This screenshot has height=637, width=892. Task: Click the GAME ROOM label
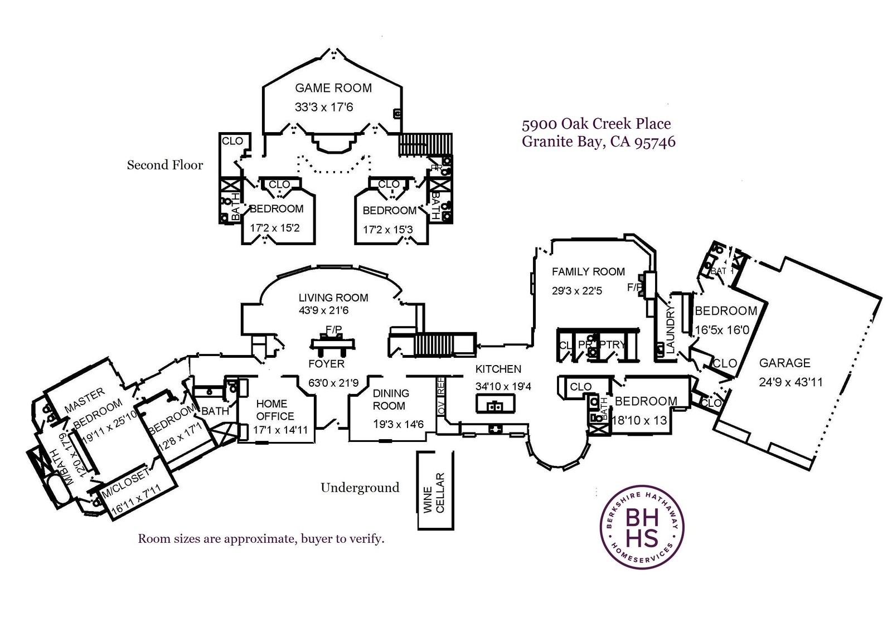(x=333, y=88)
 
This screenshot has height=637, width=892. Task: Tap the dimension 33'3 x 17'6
(x=324, y=107)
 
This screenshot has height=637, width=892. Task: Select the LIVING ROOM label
(x=333, y=298)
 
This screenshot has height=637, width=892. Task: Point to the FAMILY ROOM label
(x=588, y=272)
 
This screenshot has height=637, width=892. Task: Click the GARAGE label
(x=784, y=363)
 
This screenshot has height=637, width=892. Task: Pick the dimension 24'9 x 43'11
(x=791, y=382)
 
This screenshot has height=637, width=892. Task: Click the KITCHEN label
(x=498, y=369)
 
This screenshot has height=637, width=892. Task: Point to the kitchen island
(x=495, y=404)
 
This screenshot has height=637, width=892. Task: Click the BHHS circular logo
(x=642, y=527)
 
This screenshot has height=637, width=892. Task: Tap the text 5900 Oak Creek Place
(x=596, y=124)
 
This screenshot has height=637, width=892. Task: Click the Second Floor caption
(x=165, y=165)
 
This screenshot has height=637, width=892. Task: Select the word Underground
(x=360, y=488)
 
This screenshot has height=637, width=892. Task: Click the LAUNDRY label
(x=671, y=329)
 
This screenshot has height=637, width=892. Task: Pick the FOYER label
(x=327, y=364)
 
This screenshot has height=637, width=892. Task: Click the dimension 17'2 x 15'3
(x=387, y=229)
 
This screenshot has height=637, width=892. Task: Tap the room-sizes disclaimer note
(x=261, y=539)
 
